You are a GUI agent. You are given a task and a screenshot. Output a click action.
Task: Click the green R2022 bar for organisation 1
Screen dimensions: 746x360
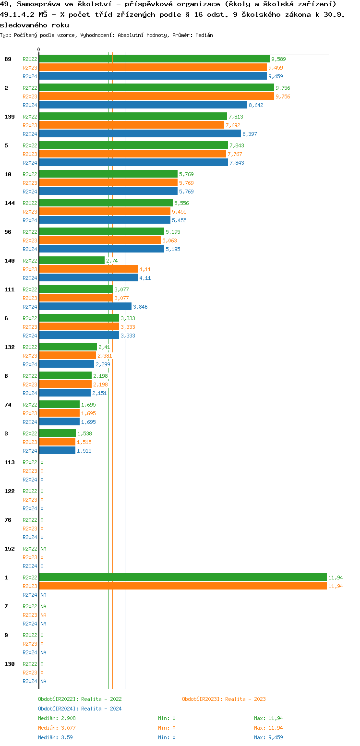click(x=182, y=577)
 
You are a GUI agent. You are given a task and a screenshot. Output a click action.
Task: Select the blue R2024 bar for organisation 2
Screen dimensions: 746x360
click(x=143, y=105)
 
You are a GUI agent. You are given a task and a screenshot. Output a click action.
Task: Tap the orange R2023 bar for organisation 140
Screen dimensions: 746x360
click(x=88, y=269)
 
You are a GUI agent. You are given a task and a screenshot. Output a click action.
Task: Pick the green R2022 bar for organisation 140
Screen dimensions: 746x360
click(x=72, y=260)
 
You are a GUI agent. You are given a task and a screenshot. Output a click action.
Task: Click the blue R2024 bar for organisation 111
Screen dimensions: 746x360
click(x=85, y=306)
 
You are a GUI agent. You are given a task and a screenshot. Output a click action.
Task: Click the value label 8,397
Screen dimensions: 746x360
click(x=250, y=134)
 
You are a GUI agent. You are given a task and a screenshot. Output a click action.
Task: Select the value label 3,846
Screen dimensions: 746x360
click(x=140, y=307)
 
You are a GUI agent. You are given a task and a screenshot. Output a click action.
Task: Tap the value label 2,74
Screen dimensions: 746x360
click(x=112, y=261)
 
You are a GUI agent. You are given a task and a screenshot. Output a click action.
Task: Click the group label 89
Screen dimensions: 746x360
click(x=8, y=59)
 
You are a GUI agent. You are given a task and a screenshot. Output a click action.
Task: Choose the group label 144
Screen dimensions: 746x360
click(x=10, y=203)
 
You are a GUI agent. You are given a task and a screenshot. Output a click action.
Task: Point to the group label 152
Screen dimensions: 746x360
click(x=10, y=549)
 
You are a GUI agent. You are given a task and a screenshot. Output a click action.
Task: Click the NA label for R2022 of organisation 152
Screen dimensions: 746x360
click(x=43, y=549)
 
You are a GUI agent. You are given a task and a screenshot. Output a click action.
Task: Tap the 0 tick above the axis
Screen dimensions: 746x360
click(x=39, y=49)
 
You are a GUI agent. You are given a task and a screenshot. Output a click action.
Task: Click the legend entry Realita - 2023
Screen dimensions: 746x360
click(x=224, y=699)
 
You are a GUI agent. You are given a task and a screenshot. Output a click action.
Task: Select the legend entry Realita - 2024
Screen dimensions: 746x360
click(x=80, y=709)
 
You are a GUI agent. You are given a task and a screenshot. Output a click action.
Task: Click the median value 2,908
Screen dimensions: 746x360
click(x=67, y=718)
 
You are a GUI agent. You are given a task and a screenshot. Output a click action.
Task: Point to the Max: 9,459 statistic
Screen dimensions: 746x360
click(x=268, y=737)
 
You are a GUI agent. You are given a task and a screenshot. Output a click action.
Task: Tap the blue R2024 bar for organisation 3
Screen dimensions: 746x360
click(x=57, y=450)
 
